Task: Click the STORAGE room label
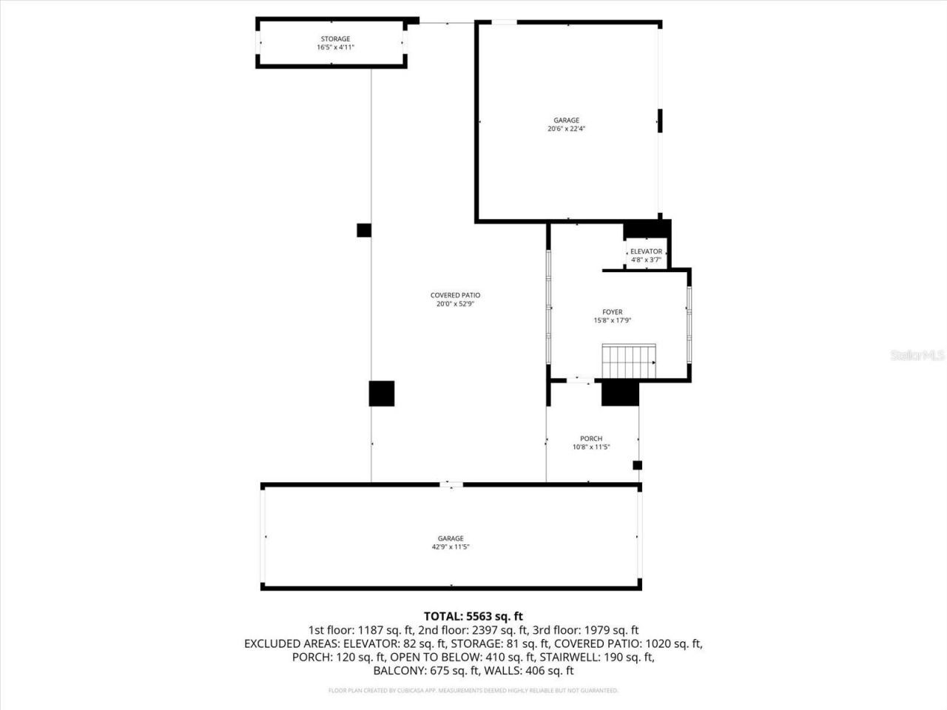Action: [335, 39]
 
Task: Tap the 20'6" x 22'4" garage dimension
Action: [567, 129]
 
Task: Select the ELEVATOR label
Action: [646, 251]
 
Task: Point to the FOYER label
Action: [612, 312]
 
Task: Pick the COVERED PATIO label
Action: [455, 295]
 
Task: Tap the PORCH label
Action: [591, 439]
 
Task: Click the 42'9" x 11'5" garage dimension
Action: [451, 547]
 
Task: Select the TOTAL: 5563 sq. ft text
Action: [473, 616]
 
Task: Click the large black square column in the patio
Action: [382, 393]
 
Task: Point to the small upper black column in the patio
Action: [364, 230]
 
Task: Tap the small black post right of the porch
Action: [637, 465]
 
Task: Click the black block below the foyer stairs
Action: [620, 393]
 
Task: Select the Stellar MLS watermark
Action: [917, 356]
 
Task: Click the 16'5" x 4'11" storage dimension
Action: [335, 47]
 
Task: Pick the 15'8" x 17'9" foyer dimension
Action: [612, 321]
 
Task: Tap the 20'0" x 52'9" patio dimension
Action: [455, 303]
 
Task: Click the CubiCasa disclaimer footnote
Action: [473, 691]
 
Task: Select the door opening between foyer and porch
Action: [579, 380]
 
